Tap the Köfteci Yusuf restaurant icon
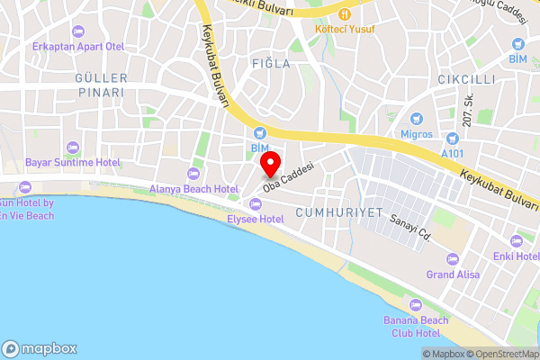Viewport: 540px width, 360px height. click(345, 13)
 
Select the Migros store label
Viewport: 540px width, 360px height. click(416, 134)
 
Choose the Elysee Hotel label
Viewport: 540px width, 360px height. click(255, 219)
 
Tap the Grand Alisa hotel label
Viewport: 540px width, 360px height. click(453, 274)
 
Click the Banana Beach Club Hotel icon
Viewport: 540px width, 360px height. click(416, 304)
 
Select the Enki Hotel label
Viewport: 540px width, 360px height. click(515, 256)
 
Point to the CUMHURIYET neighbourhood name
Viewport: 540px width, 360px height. click(339, 212)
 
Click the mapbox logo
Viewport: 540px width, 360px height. click(40, 349)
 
